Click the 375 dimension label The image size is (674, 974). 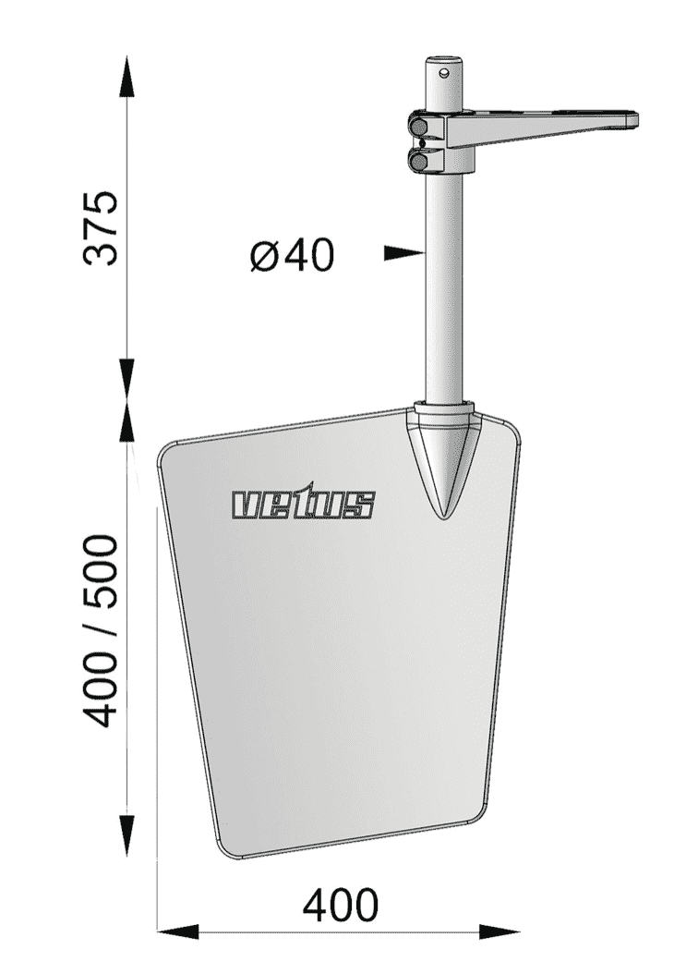[101, 229]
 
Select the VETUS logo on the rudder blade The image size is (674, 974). [304, 504]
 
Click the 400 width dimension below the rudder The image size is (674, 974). [340, 906]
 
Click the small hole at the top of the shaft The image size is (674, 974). [445, 68]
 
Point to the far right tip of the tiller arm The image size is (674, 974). [635, 117]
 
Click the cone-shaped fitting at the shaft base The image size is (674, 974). [445, 453]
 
